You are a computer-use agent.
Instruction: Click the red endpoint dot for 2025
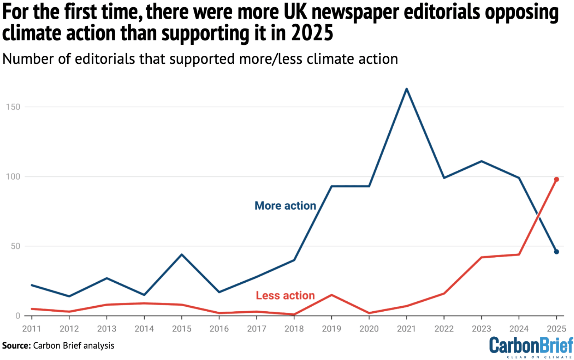(x=556, y=179)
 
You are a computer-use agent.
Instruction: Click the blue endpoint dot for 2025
(x=556, y=252)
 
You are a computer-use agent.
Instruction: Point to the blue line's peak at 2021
(x=407, y=89)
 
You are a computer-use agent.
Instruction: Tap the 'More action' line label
(x=285, y=206)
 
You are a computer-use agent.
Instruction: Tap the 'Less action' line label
(x=285, y=296)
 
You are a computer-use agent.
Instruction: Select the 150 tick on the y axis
(x=13, y=107)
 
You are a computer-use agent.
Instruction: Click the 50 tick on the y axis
(x=15, y=246)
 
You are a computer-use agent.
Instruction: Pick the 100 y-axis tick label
(x=13, y=177)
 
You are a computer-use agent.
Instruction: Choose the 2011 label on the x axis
(x=31, y=329)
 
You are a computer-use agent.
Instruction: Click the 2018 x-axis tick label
(x=294, y=329)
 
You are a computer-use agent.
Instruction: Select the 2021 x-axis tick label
(x=406, y=329)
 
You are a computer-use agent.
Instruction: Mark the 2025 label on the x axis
(x=556, y=329)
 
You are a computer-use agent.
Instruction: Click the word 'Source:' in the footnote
(x=16, y=346)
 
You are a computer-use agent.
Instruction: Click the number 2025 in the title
(x=312, y=33)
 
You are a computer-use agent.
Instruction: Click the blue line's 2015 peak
(x=182, y=254)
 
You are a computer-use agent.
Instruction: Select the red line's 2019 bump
(x=331, y=295)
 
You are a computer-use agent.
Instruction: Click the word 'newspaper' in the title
(x=355, y=12)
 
